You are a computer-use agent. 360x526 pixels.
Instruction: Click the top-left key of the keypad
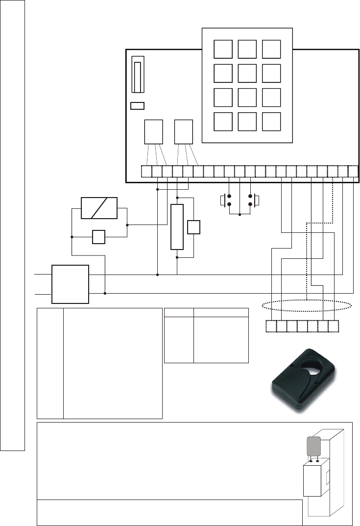point(223,49)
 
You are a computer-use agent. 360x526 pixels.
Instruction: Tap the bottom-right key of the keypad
point(271,121)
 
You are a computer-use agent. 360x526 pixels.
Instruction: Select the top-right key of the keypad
point(271,49)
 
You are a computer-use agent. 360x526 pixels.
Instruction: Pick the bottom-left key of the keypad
point(223,121)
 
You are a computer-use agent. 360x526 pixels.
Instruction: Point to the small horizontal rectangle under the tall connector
point(138,105)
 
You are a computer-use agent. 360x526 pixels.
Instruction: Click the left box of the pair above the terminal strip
point(154,131)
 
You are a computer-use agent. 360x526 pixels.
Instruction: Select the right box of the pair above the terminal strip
point(184,131)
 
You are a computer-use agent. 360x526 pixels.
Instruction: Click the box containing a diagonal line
point(99,208)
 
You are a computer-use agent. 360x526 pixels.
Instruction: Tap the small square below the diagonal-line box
point(99,237)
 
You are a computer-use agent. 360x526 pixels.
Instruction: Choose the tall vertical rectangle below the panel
point(177,227)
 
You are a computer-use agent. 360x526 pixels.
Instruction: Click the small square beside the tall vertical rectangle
point(194,227)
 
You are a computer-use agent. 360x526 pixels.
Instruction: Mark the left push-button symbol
point(226,200)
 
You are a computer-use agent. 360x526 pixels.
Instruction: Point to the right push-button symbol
point(254,200)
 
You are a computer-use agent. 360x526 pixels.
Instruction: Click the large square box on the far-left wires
point(71,284)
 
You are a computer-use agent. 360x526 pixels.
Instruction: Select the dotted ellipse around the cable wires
point(307,306)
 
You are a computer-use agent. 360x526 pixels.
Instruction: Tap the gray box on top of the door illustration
point(313,447)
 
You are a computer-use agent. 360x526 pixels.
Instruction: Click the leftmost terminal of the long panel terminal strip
point(146,172)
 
